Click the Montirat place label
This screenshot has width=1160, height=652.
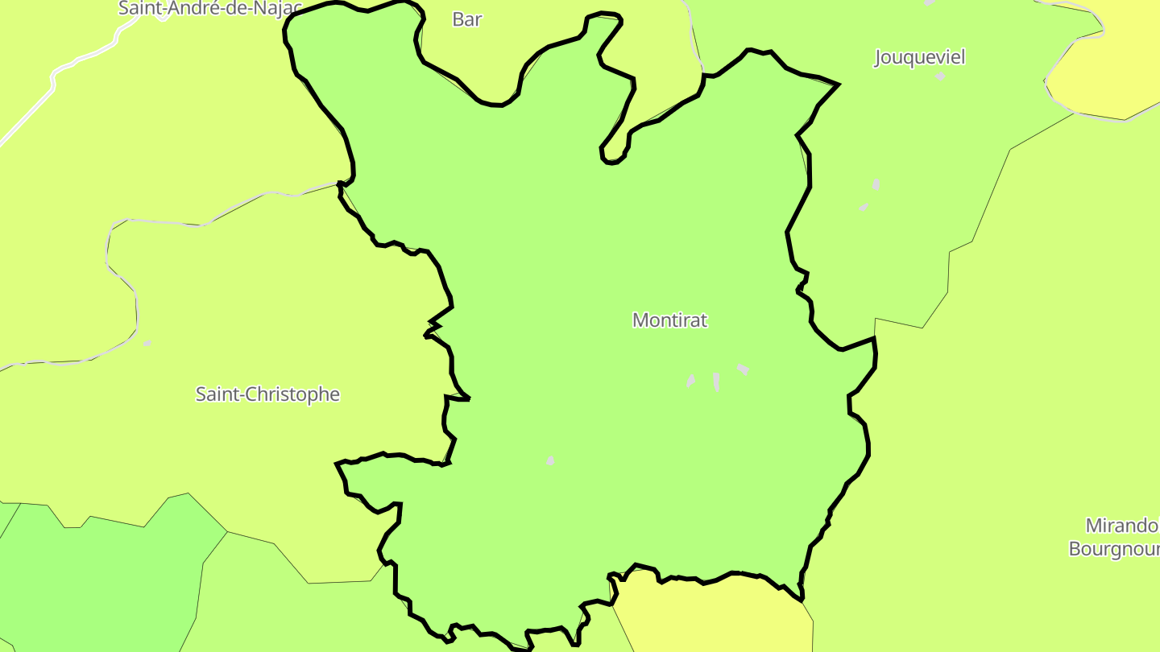point(669,320)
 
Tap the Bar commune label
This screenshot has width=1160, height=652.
point(466,19)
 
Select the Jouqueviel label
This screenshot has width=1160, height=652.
point(919,57)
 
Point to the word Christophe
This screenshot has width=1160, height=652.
point(295,394)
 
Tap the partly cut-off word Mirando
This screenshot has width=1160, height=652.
point(1121,526)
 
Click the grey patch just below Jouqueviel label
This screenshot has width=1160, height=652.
point(940,76)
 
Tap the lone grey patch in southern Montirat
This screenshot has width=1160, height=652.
point(550,460)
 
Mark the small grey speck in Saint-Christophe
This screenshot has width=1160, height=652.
point(147,344)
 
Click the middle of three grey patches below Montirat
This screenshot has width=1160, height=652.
point(716,382)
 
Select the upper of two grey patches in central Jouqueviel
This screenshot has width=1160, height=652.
point(876,184)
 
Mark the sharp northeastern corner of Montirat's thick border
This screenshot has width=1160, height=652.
point(839,84)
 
